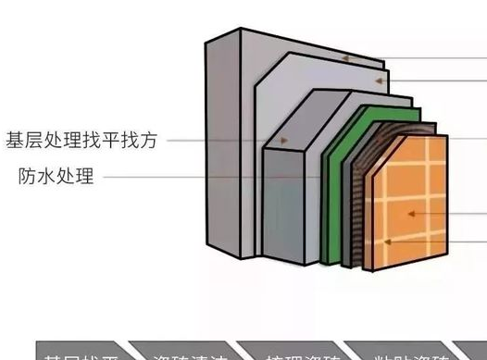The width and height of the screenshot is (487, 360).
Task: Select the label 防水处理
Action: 56,176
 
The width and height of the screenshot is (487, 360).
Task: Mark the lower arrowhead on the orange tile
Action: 389,242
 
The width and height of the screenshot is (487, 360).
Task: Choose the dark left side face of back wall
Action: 223,139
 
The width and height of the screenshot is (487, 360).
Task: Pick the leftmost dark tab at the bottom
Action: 78,352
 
